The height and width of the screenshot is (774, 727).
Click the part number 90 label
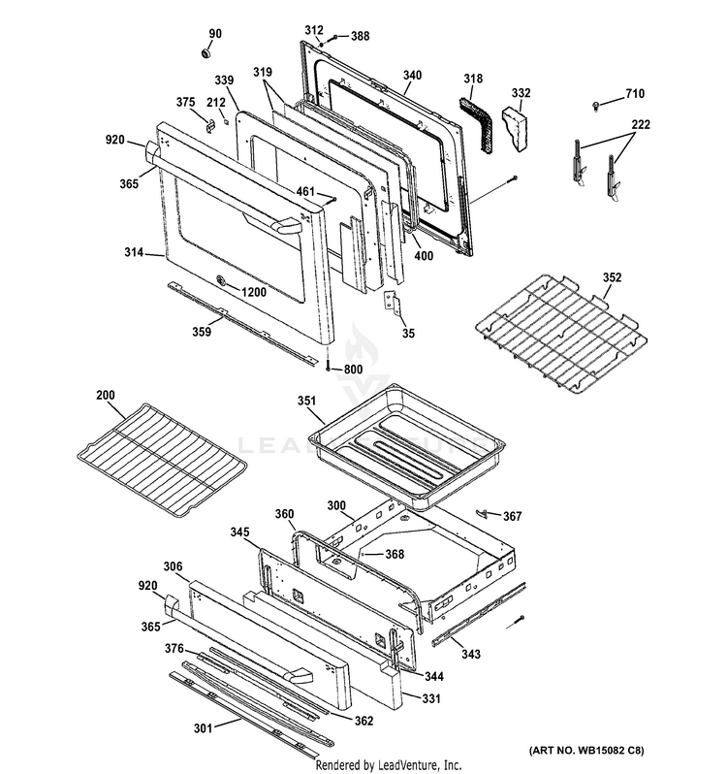click(x=215, y=34)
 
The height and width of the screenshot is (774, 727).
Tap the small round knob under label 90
click(x=206, y=51)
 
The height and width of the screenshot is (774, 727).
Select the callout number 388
click(x=360, y=36)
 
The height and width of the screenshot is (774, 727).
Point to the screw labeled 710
click(x=597, y=105)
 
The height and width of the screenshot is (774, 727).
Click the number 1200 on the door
click(x=254, y=292)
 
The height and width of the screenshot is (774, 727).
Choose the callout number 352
click(x=612, y=277)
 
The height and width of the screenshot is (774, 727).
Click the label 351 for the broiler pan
click(x=306, y=401)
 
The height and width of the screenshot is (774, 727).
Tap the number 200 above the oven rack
click(x=106, y=395)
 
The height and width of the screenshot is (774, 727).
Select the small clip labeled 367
click(x=482, y=513)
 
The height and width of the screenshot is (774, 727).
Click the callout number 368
click(x=395, y=555)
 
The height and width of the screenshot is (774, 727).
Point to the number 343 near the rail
click(x=470, y=654)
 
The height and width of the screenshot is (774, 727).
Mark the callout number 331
click(x=431, y=698)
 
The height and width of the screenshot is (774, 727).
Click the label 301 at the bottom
click(x=203, y=728)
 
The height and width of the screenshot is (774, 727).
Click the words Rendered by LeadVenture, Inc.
click(x=389, y=765)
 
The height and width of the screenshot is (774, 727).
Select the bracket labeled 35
click(x=392, y=301)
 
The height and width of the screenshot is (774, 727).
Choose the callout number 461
click(x=305, y=190)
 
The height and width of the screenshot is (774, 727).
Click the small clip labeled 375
click(x=210, y=125)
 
